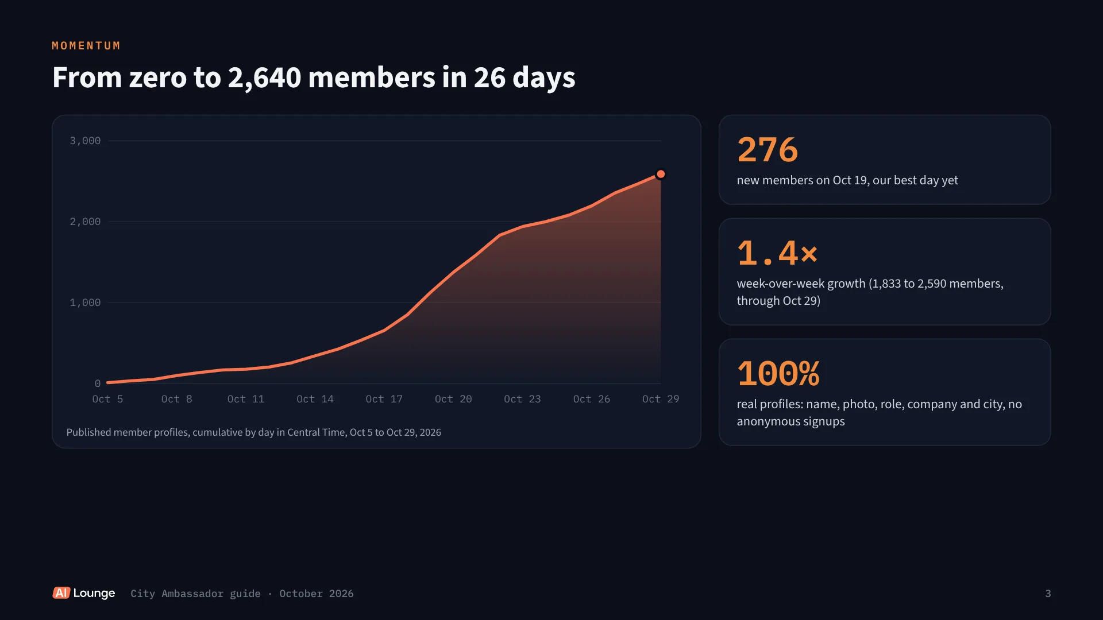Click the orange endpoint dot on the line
click(661, 174)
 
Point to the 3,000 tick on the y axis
click(85, 141)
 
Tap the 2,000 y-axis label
click(85, 222)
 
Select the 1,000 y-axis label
click(85, 303)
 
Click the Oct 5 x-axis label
click(107, 399)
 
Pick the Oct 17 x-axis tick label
click(384, 399)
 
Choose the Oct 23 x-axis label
click(522, 399)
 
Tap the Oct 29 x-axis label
click(661, 399)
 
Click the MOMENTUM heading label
click(86, 46)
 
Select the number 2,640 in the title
click(264, 78)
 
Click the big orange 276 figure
click(768, 150)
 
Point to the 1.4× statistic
click(777, 253)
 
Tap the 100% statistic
click(778, 374)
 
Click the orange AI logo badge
click(61, 593)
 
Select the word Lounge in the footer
click(94, 594)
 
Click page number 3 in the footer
click(1048, 594)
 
